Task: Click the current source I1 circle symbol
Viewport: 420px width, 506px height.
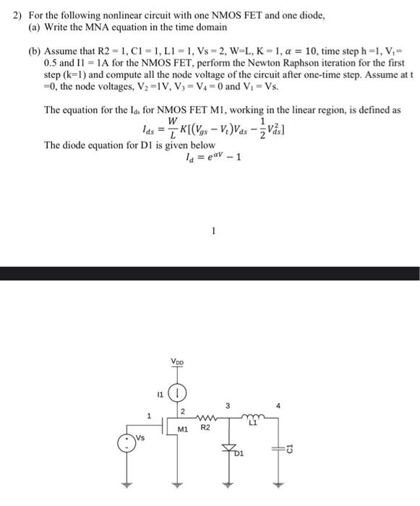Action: click(177, 395)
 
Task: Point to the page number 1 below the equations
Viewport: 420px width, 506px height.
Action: click(214, 231)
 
